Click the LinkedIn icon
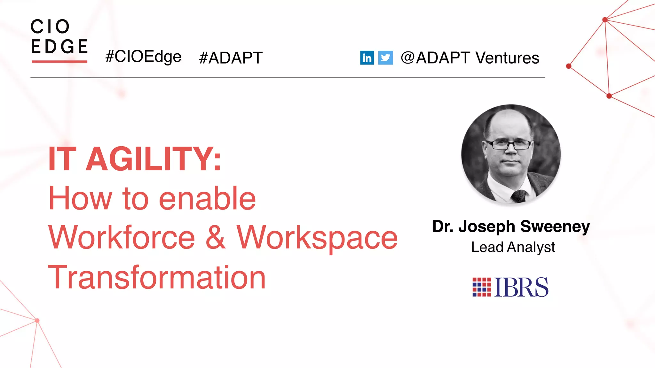(x=367, y=58)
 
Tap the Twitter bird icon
(x=385, y=58)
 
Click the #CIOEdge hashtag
(x=143, y=57)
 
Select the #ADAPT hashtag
(x=231, y=58)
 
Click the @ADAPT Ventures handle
(x=470, y=58)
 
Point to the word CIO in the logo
(x=50, y=27)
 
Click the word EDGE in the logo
(x=59, y=47)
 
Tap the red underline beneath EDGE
(x=59, y=61)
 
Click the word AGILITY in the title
(x=154, y=159)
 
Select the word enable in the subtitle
(x=207, y=199)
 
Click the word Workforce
(x=122, y=237)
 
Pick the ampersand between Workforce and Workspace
(x=215, y=237)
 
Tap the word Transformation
(x=157, y=277)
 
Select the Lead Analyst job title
(x=513, y=247)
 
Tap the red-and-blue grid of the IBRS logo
(x=482, y=287)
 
